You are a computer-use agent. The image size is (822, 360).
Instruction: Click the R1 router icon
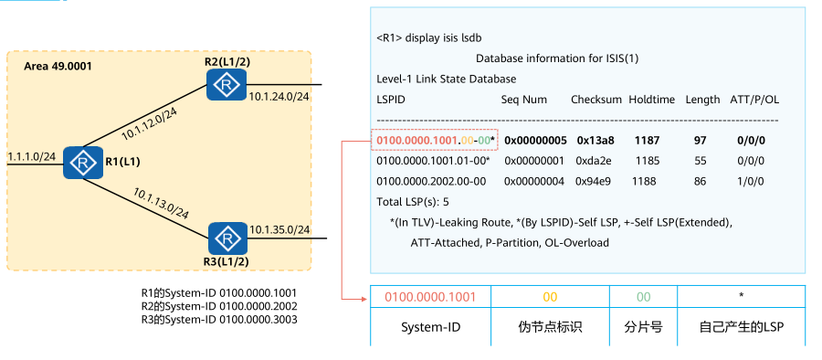point(81,164)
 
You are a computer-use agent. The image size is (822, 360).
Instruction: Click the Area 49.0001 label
point(58,67)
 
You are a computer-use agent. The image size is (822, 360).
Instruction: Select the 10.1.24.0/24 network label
point(279,94)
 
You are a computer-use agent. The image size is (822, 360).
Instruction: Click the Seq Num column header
point(524,99)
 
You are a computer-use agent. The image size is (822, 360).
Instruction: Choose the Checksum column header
point(595,99)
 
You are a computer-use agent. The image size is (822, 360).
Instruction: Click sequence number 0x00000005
point(536,141)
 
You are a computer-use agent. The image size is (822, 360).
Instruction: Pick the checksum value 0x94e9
point(593,181)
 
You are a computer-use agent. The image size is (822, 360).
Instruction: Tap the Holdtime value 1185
point(647,161)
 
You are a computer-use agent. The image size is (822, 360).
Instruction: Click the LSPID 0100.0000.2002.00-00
point(431,181)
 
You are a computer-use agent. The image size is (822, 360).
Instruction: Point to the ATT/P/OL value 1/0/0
point(750,181)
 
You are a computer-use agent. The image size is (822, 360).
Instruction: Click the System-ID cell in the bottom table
point(429,326)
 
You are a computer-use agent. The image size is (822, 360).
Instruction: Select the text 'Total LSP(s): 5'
point(412,201)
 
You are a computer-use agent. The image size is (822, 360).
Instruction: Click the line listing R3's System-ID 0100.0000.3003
point(218,320)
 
